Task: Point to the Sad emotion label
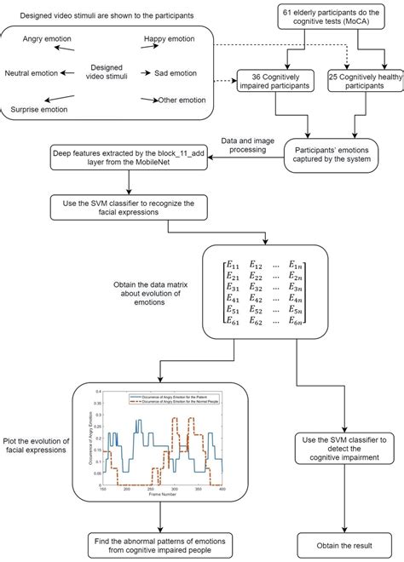(x=179, y=73)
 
